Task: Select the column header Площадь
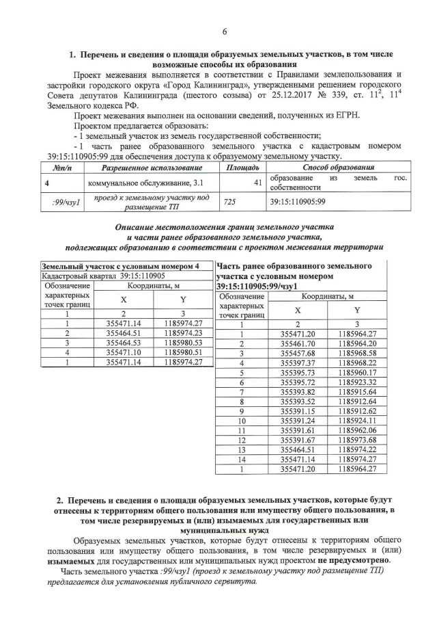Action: pyautogui.click(x=242, y=168)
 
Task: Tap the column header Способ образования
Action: pyautogui.click(x=338, y=168)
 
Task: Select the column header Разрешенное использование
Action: pyautogui.click(x=152, y=168)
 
